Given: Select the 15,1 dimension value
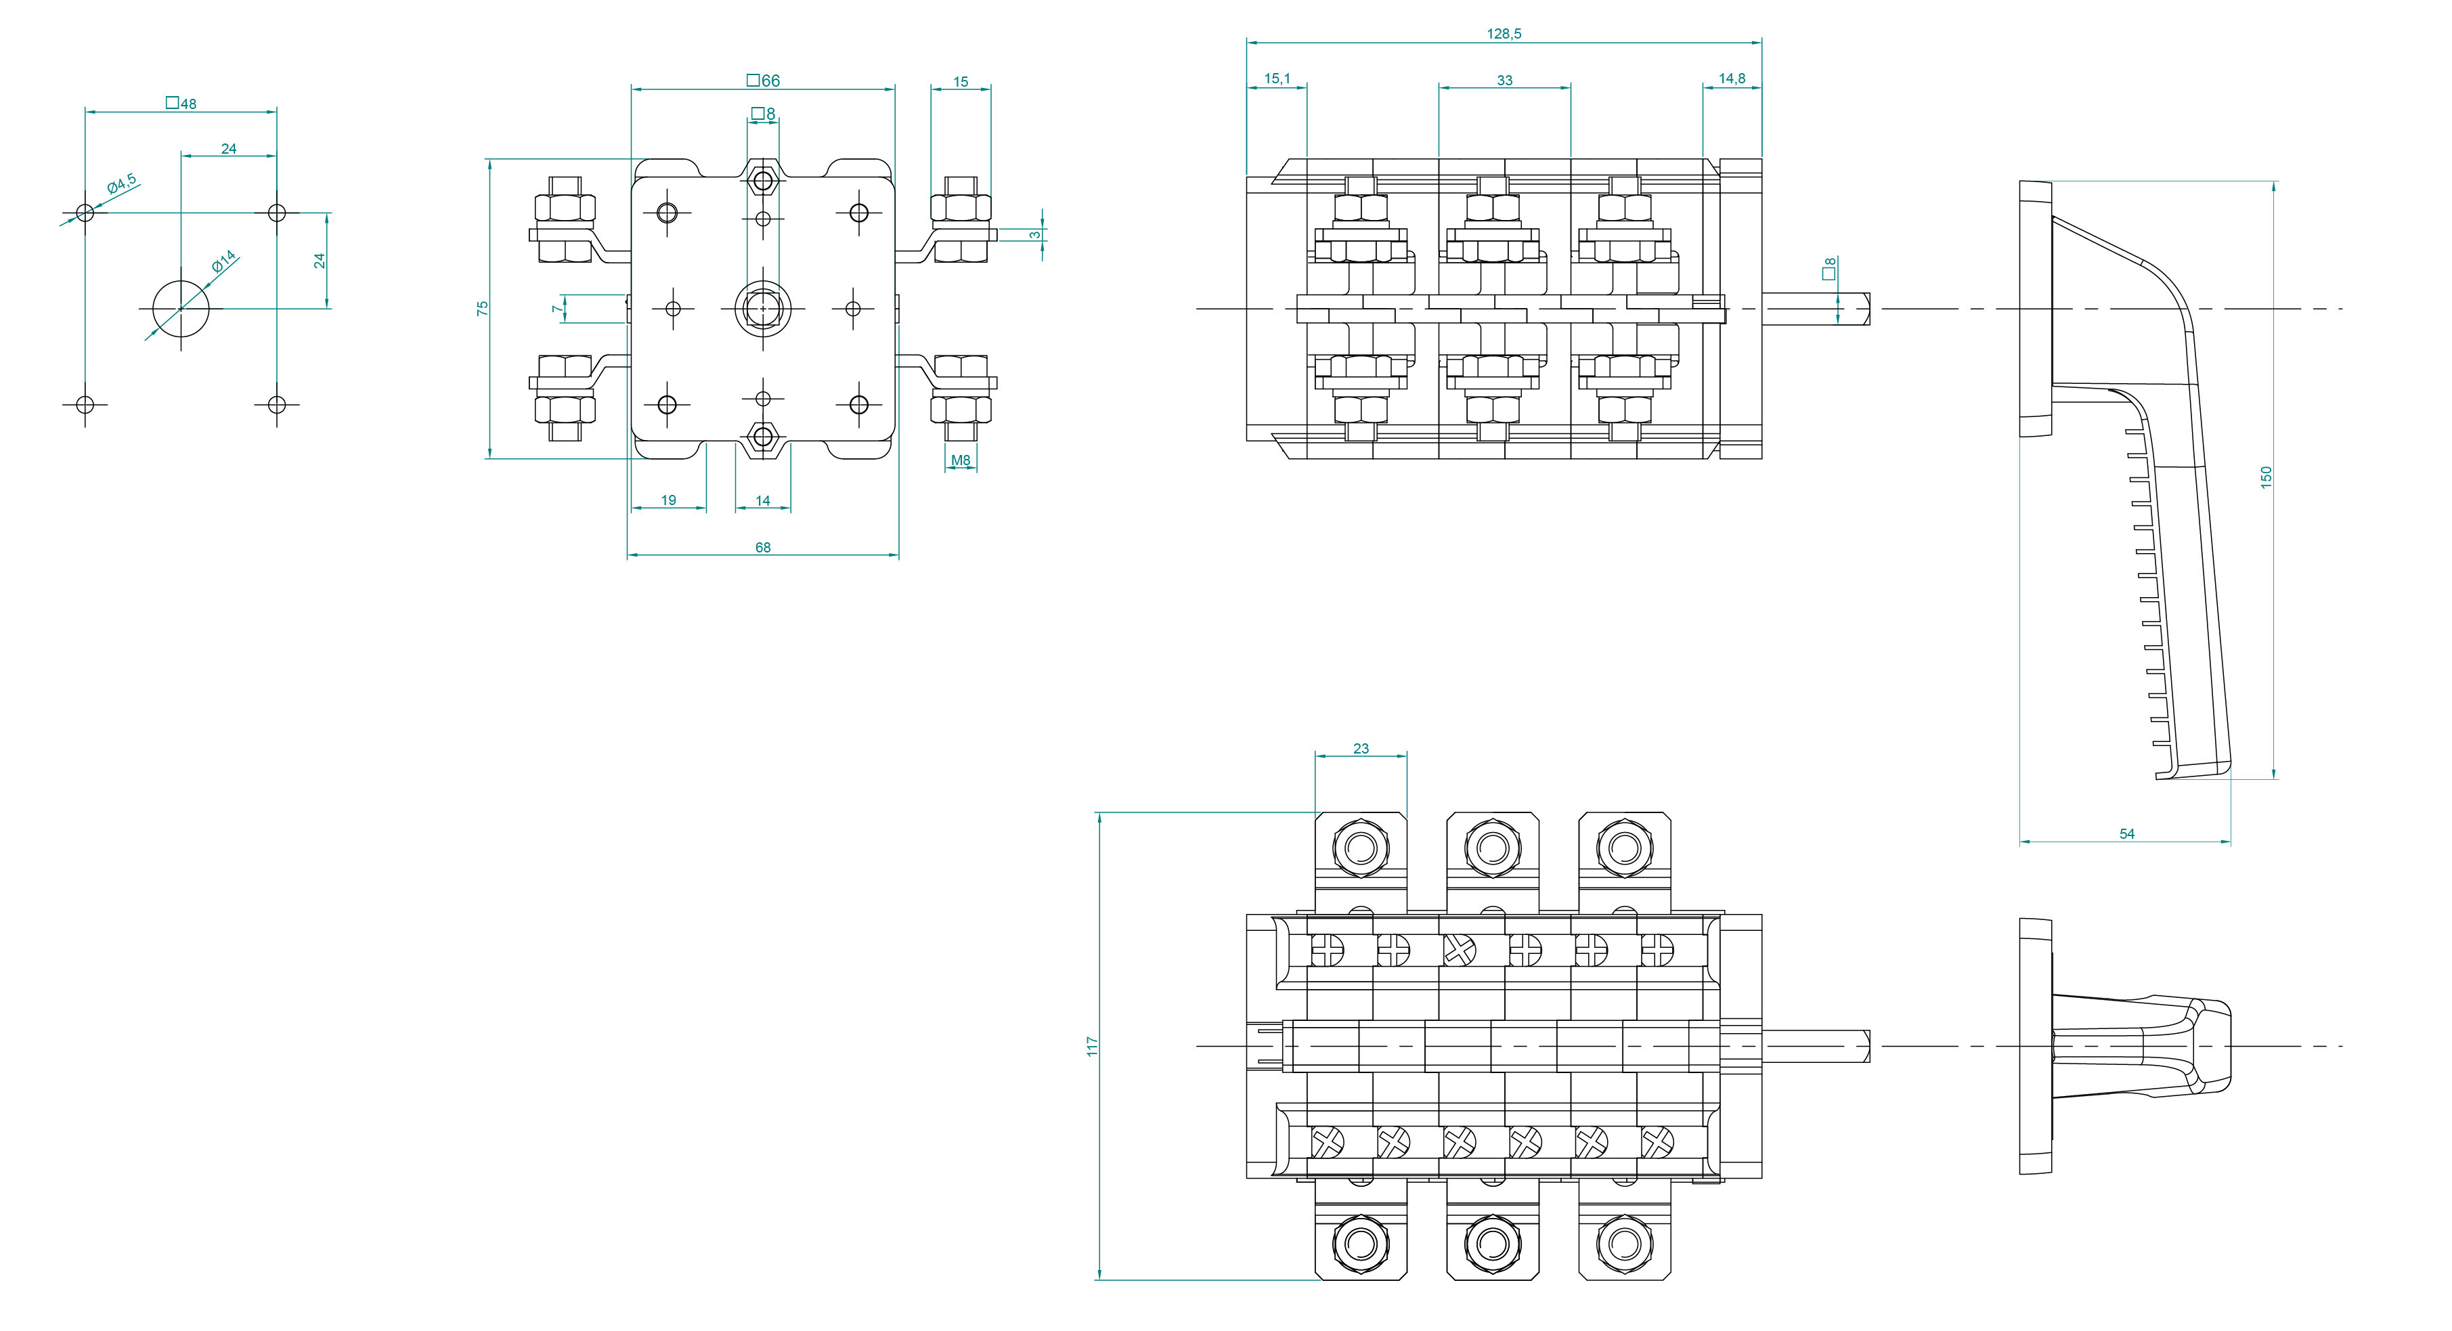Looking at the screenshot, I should pos(1277,79).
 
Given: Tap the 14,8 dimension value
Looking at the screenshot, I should pos(1732,79).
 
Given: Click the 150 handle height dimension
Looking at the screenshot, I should pos(2265,477).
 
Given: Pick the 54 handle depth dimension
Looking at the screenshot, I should pos(2126,834).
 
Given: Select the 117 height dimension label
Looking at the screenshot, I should pos(1092,1047).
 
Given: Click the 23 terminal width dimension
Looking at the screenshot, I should pos(1360,749).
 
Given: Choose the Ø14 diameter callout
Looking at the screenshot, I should pos(223,262).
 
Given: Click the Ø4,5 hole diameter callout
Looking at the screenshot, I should pos(121,183).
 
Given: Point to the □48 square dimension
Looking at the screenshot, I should pos(181,103).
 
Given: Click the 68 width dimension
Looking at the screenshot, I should pos(762,548).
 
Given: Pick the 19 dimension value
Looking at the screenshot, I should pos(668,500).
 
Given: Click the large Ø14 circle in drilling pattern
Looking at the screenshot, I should pos(181,309).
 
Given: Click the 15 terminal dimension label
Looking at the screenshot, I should pos(961,82).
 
